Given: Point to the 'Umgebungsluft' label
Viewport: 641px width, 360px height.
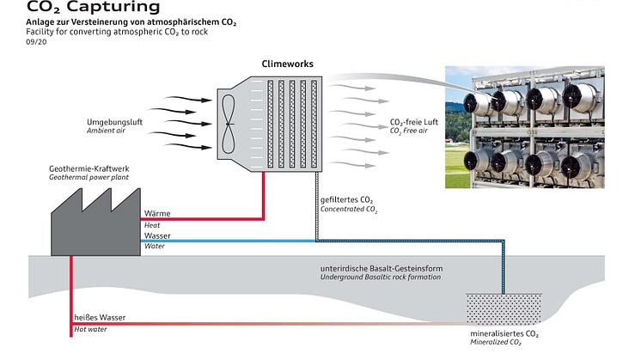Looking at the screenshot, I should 114,122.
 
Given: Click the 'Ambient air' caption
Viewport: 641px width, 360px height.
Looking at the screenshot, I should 106,131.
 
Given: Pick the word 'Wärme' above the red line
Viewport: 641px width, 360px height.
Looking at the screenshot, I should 157,213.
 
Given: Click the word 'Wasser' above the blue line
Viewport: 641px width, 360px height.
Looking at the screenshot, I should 158,235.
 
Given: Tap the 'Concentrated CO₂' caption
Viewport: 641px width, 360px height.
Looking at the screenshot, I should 349,210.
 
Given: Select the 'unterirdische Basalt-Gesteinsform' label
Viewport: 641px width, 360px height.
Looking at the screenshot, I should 381,269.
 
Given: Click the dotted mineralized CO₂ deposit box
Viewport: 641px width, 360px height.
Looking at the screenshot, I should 504,307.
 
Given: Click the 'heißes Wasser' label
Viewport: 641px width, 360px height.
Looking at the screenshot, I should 100,317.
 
